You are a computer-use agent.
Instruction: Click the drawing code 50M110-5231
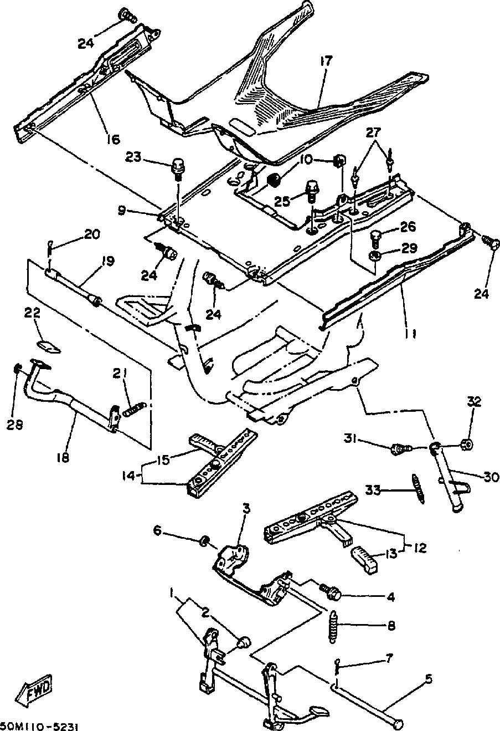[39, 727]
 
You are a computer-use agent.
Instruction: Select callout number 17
[326, 61]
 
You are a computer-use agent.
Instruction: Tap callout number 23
[134, 157]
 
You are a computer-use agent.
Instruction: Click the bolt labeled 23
[178, 168]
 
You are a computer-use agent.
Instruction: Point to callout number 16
[113, 139]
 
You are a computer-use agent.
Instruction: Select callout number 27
[373, 132]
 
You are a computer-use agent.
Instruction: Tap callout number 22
[32, 313]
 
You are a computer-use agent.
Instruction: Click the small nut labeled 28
[17, 369]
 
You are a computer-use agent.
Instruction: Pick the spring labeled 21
[134, 408]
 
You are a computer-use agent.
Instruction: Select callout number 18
[63, 457]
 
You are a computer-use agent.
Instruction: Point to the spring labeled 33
[418, 488]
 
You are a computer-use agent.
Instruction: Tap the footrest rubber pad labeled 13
[365, 559]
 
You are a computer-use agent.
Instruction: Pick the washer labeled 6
[205, 541]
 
